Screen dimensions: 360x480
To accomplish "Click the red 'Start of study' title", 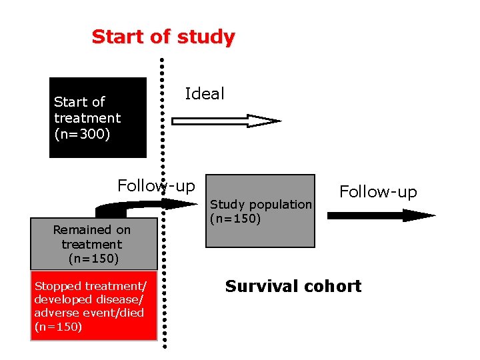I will pos(163,37).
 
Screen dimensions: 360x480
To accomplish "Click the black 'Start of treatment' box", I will pos(98,118).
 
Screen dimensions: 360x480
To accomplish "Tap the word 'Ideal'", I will pos(205,94).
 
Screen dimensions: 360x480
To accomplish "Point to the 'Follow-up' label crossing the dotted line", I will pos(156,185).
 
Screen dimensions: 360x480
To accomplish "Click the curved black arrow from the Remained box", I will pos(147,205).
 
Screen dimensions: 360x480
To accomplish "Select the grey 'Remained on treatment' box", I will pos(93,243).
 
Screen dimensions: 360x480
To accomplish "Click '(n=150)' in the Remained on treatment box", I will pos(92,258).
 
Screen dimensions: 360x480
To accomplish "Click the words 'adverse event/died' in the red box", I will pos(89,313).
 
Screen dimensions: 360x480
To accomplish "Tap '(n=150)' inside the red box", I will pos(58,327).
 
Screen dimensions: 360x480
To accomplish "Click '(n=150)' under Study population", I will pos(235,219).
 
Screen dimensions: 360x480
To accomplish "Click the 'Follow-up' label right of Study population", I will pos(378,193).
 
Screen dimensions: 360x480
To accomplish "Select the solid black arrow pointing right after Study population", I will pos(381,215).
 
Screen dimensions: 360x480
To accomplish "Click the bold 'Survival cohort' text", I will pos(293,287).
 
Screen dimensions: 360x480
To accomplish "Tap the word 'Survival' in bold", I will pos(261,287).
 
